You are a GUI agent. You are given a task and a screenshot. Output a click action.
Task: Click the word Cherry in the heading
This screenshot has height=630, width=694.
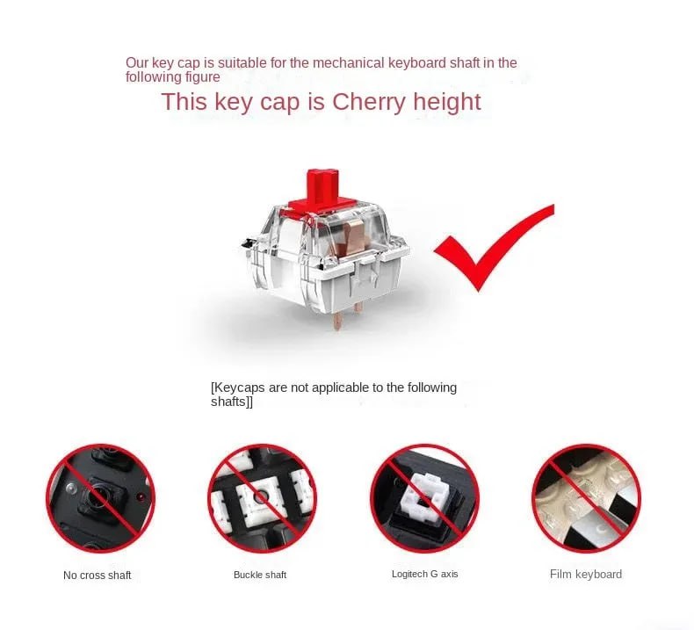369,102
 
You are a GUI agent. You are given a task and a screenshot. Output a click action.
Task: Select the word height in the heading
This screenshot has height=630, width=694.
447,102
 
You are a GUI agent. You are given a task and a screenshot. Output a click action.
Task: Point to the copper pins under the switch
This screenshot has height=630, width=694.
348,315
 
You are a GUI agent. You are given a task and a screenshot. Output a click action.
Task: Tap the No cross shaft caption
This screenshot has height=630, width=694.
97,576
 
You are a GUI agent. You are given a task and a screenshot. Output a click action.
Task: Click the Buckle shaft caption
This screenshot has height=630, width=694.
260,575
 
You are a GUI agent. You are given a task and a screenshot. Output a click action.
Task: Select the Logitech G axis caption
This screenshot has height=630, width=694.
425,574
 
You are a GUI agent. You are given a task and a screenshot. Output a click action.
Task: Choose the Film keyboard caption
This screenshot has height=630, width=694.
586,575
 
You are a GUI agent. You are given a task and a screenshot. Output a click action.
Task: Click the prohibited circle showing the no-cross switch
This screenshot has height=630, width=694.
100,498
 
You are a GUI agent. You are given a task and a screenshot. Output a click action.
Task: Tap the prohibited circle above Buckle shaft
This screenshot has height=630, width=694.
262,498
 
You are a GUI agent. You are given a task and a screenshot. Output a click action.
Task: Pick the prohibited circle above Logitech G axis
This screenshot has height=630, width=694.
424,498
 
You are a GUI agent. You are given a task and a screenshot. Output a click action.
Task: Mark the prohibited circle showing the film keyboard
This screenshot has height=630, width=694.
586,498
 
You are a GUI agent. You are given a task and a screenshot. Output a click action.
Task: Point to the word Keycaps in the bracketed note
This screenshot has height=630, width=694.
239,387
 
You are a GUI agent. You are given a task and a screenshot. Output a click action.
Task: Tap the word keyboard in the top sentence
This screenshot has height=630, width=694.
417,63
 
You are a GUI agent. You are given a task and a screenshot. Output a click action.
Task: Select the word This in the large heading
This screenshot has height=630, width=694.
184,102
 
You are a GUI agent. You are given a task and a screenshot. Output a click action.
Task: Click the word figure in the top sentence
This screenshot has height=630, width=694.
202,77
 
